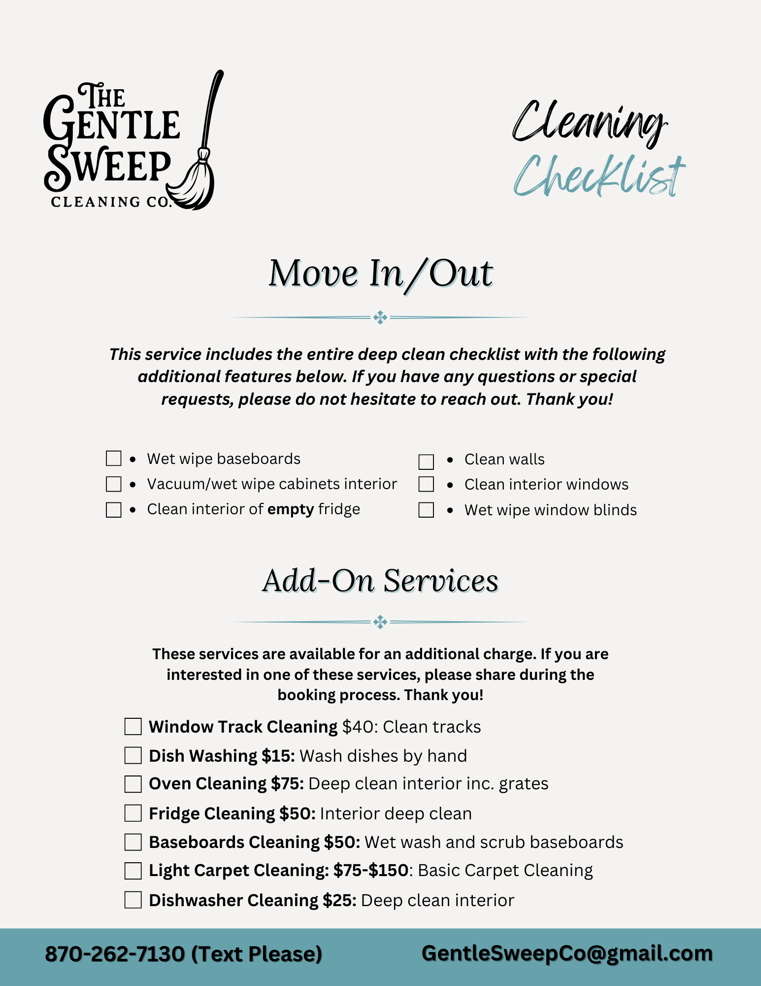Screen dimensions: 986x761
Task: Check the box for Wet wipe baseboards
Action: point(114,458)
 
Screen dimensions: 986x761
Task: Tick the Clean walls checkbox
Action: point(426,462)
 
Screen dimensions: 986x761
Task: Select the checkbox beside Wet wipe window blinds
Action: point(426,510)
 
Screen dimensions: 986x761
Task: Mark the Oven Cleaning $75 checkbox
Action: point(133,784)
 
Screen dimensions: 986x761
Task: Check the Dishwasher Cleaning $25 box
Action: point(133,900)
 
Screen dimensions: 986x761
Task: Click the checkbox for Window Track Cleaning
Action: point(133,727)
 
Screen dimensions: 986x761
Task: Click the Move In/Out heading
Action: point(380,274)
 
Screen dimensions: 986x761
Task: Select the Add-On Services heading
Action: point(380,581)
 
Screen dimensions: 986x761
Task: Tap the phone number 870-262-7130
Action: point(114,954)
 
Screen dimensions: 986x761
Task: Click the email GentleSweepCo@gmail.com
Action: point(567,953)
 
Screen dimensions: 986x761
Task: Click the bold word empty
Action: point(290,509)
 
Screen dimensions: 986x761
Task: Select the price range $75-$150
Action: point(370,871)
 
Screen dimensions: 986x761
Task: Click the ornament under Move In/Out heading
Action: point(380,317)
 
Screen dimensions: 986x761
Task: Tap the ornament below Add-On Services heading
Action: point(380,622)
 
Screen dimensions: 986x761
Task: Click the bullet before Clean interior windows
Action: point(450,485)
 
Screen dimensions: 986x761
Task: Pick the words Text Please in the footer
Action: point(257,954)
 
